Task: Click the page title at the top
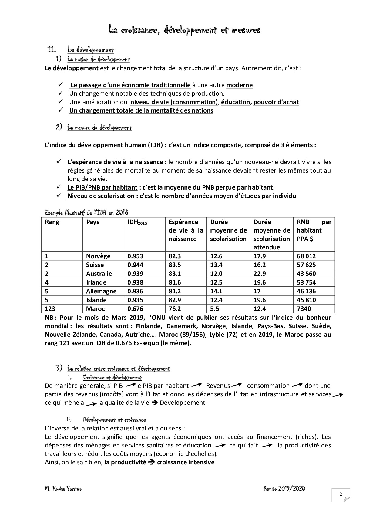tap(184, 30)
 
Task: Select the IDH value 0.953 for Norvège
tap(135, 256)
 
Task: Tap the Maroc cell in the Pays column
tap(96, 309)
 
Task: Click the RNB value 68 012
tap(306, 256)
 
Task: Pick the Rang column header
tap(52, 222)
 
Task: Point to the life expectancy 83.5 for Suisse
tap(175, 265)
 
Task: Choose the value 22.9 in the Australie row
tap(260, 274)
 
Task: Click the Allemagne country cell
tap(101, 291)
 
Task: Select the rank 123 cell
tap(51, 309)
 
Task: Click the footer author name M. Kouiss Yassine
tap(63, 489)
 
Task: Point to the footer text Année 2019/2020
tap(284, 489)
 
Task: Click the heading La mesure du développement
tap(99, 128)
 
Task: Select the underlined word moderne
tap(240, 85)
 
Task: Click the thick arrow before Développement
tap(154, 403)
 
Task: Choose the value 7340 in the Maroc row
tap(304, 309)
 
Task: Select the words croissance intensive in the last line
tap(186, 462)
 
